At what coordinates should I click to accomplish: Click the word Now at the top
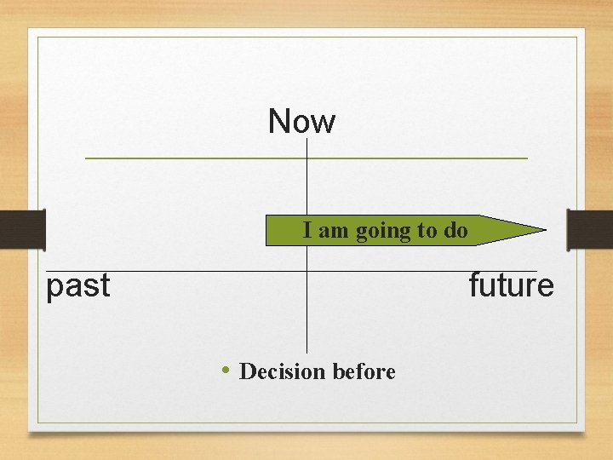pos(301,122)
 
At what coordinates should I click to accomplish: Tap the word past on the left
pos(78,286)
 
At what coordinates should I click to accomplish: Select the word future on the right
pos(511,285)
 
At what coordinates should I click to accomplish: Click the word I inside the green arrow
pos(307,230)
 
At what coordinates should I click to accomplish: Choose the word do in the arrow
pos(455,231)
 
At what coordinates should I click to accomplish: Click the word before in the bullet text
pos(364,371)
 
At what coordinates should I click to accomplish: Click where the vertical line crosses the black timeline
pos(306,271)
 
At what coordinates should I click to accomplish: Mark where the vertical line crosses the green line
pos(306,158)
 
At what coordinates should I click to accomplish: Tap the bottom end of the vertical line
pos(306,351)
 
